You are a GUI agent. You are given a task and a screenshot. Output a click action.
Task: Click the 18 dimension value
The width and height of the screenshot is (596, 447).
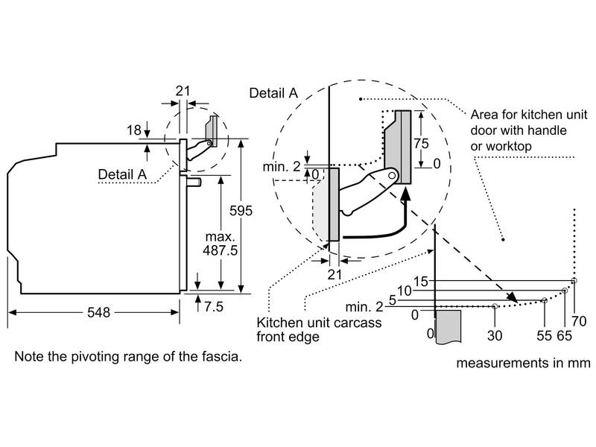pyautogui.click(x=133, y=131)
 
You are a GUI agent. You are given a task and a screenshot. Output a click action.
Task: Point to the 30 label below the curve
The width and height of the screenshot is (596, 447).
pyautogui.click(x=495, y=335)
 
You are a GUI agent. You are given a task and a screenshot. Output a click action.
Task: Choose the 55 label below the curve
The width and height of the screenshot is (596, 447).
pyautogui.click(x=544, y=335)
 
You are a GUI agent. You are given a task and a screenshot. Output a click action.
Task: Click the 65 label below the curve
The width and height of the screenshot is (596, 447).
pyautogui.click(x=564, y=335)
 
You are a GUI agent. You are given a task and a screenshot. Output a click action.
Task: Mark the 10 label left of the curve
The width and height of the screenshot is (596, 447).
pyautogui.click(x=405, y=291)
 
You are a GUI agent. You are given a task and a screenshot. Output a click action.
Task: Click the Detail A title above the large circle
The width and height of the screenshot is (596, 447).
pyautogui.click(x=273, y=93)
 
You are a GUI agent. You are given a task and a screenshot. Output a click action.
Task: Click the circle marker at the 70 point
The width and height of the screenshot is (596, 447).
pyautogui.click(x=574, y=281)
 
